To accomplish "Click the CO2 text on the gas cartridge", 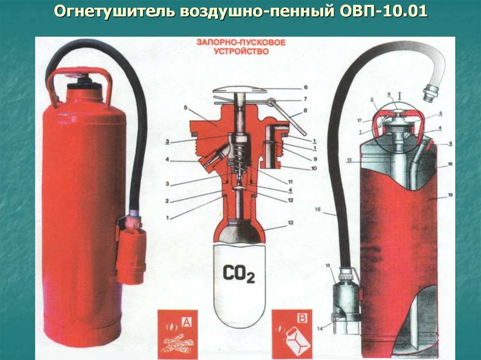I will (x=239, y=274).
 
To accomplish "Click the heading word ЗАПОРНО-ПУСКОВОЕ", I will (x=241, y=43).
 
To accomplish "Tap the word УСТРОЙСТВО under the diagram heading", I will (x=241, y=52).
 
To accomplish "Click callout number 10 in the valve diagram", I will (x=314, y=168).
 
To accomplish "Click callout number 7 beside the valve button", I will (x=305, y=99).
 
